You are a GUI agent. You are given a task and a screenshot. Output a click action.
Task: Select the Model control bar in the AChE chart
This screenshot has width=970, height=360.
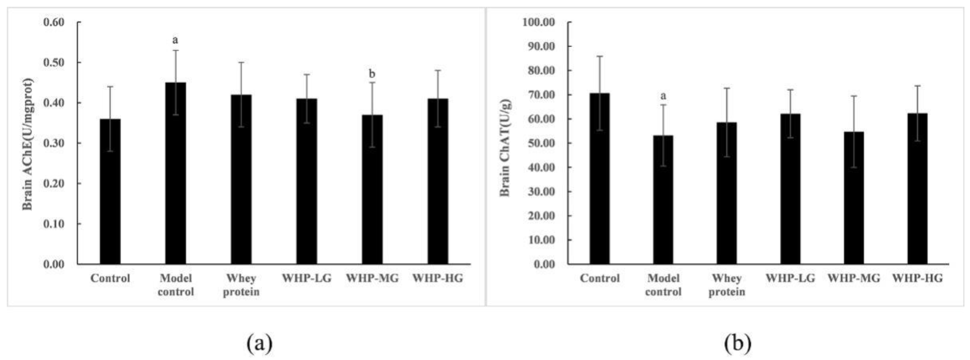pos(176,173)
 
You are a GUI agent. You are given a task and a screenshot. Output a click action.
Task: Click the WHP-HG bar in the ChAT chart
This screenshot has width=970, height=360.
pos(917,188)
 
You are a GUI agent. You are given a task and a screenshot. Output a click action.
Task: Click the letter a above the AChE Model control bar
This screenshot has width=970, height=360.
pos(175,40)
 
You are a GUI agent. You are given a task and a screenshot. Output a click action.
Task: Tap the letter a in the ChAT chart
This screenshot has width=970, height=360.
pos(663,96)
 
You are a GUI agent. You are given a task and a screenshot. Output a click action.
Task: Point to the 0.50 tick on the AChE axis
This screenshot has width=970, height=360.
pos(54,63)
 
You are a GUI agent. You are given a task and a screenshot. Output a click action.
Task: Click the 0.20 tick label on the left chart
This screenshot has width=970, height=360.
pos(54,183)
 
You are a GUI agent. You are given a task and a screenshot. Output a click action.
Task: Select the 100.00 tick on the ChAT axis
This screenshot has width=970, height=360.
pos(539,22)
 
